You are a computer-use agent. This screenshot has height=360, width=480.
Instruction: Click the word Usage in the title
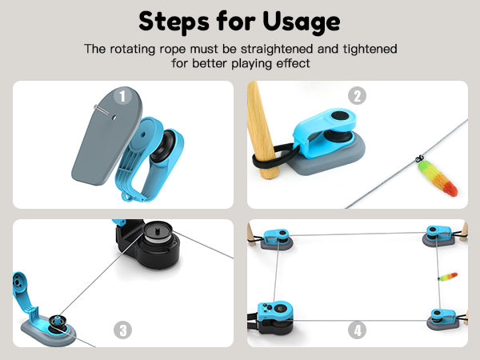tap(302, 22)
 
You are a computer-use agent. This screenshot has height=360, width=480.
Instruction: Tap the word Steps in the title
tap(174, 22)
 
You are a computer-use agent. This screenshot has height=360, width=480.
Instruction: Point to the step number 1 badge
tap(122, 96)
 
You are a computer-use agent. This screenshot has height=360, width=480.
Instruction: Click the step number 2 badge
tap(358, 96)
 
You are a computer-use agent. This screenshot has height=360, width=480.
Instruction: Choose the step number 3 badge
tap(122, 330)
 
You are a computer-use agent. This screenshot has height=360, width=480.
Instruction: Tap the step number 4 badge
tap(358, 330)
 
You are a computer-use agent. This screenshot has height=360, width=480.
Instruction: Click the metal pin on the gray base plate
tap(102, 110)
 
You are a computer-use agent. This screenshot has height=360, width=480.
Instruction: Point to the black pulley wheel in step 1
tap(162, 146)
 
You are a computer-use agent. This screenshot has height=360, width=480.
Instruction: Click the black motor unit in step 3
tap(149, 243)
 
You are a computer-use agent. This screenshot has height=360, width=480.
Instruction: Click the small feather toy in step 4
tap(448, 276)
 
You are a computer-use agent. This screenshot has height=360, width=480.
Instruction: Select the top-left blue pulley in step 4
tap(276, 238)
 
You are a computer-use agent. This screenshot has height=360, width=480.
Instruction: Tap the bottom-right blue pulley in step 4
tap(442, 319)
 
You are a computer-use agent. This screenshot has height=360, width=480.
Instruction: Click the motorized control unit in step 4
tap(275, 318)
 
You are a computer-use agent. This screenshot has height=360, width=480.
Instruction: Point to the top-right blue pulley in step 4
tap(439, 236)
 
